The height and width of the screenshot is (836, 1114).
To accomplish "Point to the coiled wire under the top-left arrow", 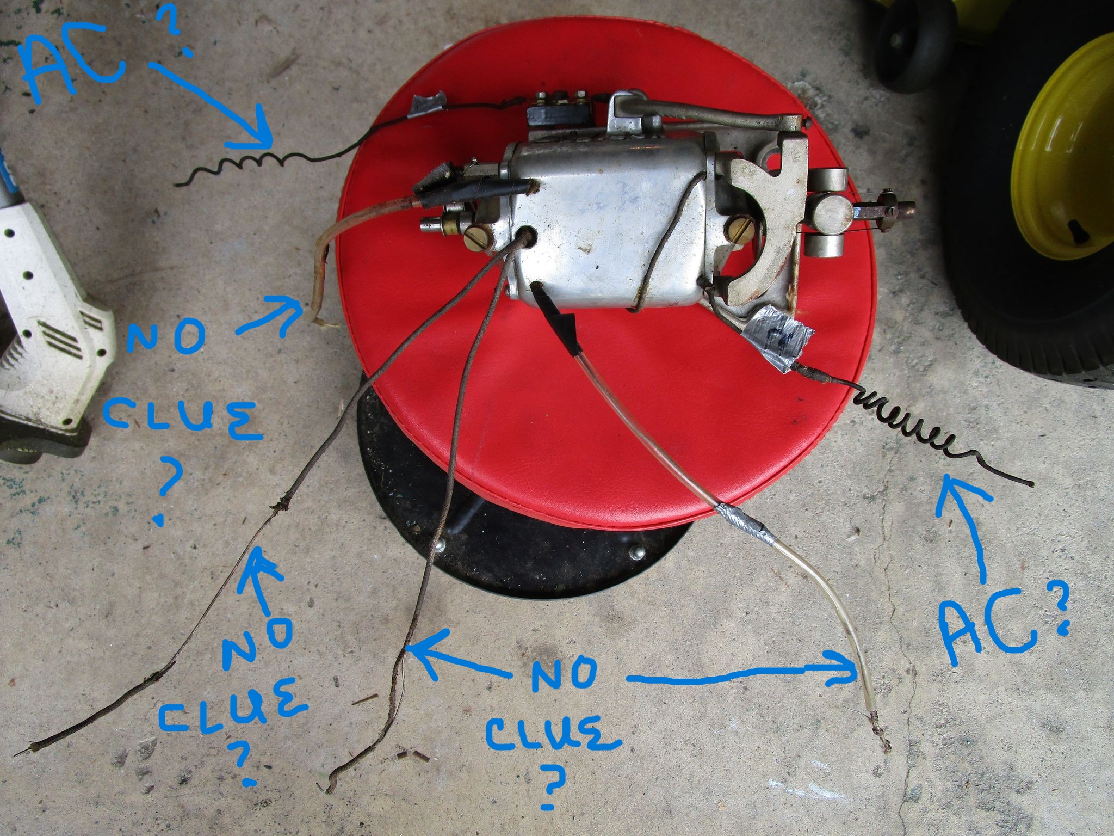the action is click(256, 165).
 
